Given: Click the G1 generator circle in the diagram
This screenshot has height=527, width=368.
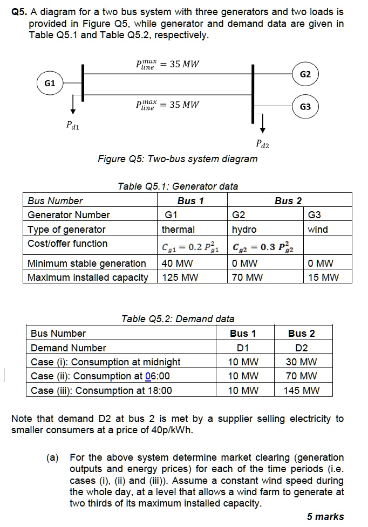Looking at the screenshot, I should click(x=50, y=84).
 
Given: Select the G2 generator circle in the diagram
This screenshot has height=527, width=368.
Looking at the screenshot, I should click(x=305, y=74).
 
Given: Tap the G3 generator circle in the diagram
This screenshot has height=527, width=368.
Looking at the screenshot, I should click(x=305, y=107).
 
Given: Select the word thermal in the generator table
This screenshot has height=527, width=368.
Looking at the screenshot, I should click(x=178, y=230).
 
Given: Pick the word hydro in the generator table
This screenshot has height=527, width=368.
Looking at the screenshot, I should click(x=244, y=230).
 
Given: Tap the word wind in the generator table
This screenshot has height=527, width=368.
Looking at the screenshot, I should click(x=318, y=230).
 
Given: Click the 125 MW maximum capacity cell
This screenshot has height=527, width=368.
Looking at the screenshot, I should click(x=180, y=278).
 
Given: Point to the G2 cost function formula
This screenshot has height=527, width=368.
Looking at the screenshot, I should click(x=264, y=247).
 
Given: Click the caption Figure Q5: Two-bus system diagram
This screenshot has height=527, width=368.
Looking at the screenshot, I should click(x=178, y=159).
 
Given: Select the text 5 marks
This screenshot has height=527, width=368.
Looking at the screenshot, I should click(x=325, y=517).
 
